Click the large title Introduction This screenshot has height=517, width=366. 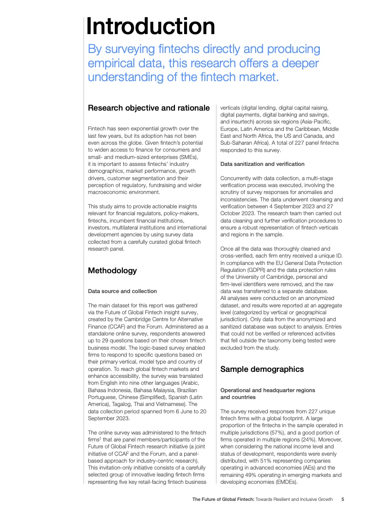[x=150, y=26]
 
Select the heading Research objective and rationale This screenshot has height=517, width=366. [x=149, y=108]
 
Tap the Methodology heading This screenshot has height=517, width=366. [x=112, y=270]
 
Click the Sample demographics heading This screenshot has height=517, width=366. [x=262, y=369]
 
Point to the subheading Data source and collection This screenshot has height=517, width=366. [x=122, y=291]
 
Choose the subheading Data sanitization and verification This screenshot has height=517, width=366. [x=262, y=164]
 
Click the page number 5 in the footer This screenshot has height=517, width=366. [x=342, y=499]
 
